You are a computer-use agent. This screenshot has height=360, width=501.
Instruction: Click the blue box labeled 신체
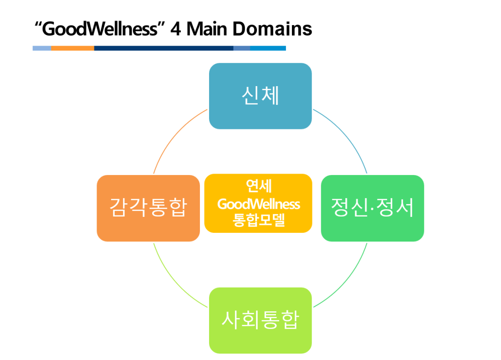click(261, 96)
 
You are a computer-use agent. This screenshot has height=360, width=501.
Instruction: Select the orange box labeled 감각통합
click(148, 208)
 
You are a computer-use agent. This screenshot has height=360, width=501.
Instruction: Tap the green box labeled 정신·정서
click(373, 208)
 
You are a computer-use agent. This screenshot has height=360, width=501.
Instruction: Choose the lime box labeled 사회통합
click(261, 320)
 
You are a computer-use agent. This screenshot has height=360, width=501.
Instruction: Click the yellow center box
click(258, 203)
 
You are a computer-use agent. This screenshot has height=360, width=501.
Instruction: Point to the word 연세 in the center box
click(259, 186)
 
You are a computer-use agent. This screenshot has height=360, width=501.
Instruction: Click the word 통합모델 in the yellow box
click(259, 220)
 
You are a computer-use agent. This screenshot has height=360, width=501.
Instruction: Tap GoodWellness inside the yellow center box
click(259, 204)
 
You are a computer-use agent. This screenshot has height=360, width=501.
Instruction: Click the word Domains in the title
click(272, 29)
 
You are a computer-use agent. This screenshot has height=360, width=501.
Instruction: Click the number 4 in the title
click(176, 29)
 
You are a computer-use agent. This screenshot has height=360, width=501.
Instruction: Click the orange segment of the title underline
click(72, 48)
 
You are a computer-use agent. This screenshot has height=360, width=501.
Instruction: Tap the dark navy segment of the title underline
click(164, 48)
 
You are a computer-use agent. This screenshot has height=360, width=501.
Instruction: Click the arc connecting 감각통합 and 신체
click(174, 134)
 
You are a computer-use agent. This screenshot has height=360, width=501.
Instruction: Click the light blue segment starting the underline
click(42, 48)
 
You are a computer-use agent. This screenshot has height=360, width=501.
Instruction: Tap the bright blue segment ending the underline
click(268, 48)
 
